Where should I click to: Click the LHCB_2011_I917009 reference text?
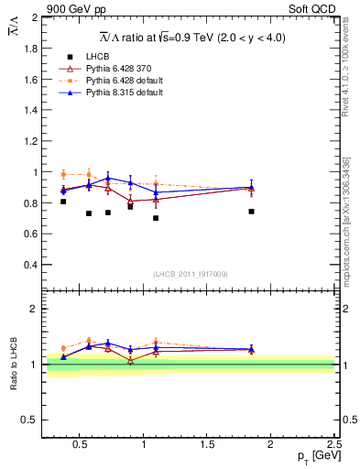pyautogui.click(x=191, y=274)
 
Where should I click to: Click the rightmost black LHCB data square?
pyautogui.click(x=251, y=212)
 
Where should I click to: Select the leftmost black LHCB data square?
pyautogui.click(x=63, y=202)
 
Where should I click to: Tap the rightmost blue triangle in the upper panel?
pyautogui.click(x=251, y=187)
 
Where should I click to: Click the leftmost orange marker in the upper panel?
pyautogui.click(x=63, y=174)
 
